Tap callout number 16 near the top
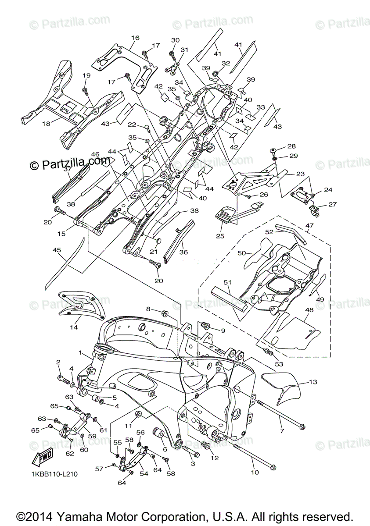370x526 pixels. [135, 38]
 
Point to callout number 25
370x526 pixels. [220, 236]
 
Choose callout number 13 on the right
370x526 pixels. [313, 382]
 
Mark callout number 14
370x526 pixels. [74, 327]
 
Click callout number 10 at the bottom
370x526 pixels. [255, 472]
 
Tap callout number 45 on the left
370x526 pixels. [57, 250]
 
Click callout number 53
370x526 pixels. [279, 364]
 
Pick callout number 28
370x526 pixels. [291, 146]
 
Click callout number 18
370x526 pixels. [46, 124]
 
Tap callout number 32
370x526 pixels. [226, 63]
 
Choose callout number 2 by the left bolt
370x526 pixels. [58, 362]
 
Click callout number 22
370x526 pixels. [132, 125]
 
